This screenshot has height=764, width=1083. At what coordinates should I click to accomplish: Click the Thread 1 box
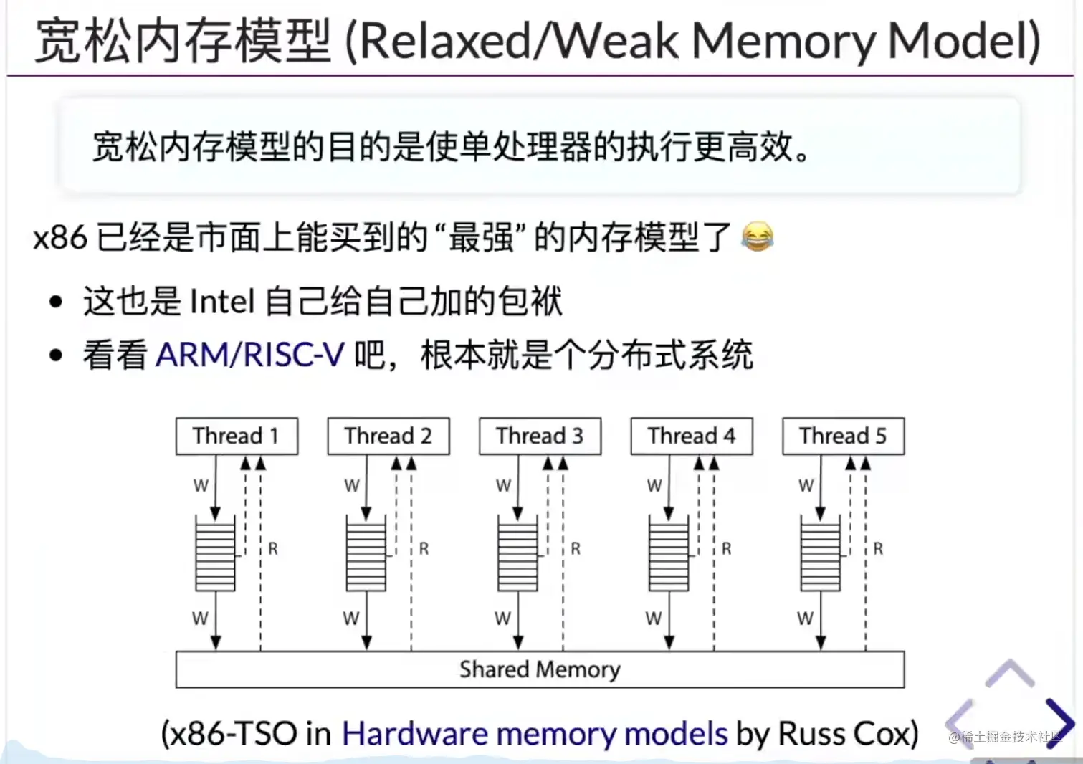237,436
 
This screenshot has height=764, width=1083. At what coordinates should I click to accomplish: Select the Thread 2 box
388,436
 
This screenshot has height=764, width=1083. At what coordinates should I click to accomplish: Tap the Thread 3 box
540,436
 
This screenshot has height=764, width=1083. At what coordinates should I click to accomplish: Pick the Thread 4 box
692,436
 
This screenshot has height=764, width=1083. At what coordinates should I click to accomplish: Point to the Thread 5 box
843,436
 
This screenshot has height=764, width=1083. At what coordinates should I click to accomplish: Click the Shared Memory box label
540,669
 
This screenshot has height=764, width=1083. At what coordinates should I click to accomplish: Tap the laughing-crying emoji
757,237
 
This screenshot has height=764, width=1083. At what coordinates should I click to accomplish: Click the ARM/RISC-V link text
250,355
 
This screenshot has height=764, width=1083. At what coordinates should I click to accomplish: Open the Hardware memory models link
535,734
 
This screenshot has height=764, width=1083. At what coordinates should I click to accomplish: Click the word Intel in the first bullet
222,301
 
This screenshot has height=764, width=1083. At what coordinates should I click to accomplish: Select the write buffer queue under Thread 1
215,554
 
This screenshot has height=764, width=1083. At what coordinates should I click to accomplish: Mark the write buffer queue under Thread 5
821,554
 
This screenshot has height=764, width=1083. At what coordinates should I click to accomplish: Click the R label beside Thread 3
576,549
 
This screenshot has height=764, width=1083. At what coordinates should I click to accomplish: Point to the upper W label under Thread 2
351,486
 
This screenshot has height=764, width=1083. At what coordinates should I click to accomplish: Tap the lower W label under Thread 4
653,618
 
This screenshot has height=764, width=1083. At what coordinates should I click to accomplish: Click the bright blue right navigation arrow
1059,722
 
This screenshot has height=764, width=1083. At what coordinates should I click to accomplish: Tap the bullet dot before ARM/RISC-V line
57,355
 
